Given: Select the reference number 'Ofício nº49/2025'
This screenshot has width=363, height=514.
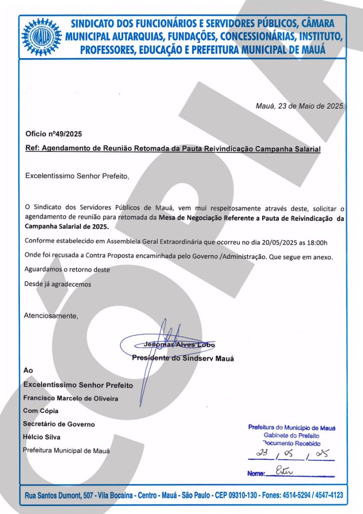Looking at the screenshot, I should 53,134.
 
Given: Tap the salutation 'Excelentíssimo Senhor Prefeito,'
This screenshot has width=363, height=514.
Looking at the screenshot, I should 77,176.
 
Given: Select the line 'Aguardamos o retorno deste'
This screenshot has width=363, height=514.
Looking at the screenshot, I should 67,270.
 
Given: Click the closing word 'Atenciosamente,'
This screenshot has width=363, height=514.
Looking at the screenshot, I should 52,316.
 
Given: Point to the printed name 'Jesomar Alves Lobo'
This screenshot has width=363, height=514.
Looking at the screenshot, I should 179,345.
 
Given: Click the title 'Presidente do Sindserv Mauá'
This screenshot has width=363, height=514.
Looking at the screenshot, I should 183,358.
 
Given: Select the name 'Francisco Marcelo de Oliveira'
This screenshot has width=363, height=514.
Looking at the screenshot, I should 71,398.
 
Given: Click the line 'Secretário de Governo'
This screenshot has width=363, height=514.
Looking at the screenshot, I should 59,424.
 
